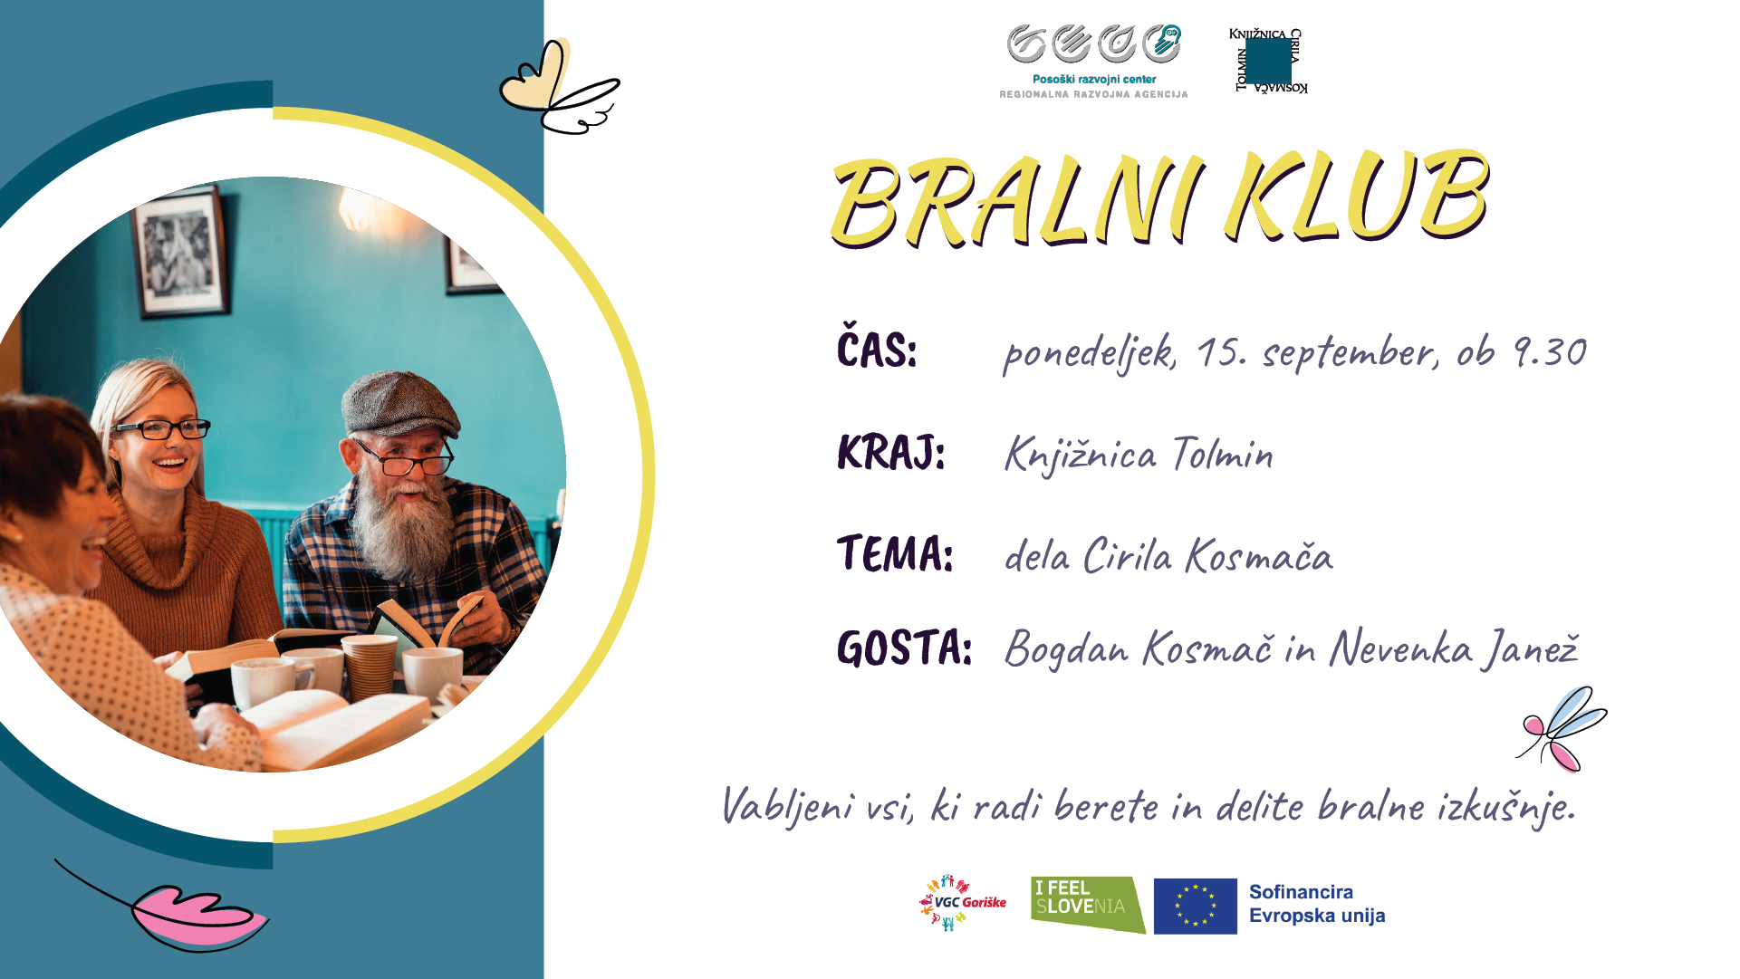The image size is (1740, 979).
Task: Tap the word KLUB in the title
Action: tap(1356, 195)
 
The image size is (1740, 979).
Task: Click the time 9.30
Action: tap(1550, 351)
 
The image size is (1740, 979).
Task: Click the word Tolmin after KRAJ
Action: tap(1223, 453)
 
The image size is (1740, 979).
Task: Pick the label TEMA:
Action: tap(895, 552)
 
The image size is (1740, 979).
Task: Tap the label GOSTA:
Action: tap(904, 648)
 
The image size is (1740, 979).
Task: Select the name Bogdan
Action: tap(1067, 649)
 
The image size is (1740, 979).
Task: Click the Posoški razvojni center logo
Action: tap(1093, 62)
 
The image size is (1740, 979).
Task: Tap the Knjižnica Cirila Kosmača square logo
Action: tap(1268, 61)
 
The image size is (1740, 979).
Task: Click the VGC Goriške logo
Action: tap(962, 903)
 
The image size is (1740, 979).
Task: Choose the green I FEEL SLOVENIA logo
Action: tap(1087, 905)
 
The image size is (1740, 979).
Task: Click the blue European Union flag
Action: tap(1195, 906)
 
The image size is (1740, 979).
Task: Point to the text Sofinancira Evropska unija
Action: tap(1317, 904)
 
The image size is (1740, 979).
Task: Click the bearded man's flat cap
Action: tap(399, 402)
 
